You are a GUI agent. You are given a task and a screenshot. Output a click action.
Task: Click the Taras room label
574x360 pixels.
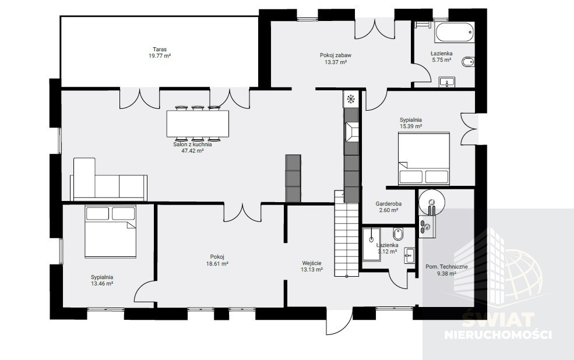click(x=160, y=50)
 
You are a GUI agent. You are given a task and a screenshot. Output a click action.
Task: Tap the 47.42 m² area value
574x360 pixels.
click(x=192, y=150)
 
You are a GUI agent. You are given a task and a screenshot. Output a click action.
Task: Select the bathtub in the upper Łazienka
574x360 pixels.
click(x=455, y=33)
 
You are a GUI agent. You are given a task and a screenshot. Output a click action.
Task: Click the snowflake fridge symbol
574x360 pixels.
click(x=351, y=99)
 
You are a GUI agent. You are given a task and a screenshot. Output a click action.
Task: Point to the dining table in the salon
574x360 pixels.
click(x=198, y=123)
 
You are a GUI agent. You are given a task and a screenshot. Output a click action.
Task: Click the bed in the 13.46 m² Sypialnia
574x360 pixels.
click(x=110, y=231)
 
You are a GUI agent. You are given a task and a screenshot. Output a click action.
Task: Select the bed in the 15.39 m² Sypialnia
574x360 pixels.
click(x=424, y=158)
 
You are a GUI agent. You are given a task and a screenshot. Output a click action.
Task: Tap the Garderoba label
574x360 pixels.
click(x=389, y=204)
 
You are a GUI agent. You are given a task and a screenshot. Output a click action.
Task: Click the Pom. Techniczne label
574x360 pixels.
click(x=446, y=267)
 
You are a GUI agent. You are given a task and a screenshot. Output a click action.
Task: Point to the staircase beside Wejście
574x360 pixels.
click(x=346, y=234)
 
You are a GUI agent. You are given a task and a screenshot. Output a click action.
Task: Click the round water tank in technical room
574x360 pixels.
click(x=432, y=201)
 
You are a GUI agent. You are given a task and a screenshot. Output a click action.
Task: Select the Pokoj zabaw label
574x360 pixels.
click(x=336, y=55)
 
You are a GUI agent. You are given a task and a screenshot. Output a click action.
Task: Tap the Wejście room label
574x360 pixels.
click(x=312, y=263)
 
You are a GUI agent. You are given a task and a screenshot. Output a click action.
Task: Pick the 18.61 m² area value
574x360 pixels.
click(x=217, y=263)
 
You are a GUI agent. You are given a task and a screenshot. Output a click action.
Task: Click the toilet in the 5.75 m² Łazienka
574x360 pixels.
click(x=468, y=62)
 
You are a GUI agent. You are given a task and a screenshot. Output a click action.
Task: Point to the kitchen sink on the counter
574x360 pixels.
click(x=351, y=131)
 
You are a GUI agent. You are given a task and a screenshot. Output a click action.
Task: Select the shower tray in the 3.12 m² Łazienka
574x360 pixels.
click(x=372, y=244)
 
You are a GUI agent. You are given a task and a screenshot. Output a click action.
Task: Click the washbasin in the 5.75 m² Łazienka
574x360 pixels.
click(x=446, y=82)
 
